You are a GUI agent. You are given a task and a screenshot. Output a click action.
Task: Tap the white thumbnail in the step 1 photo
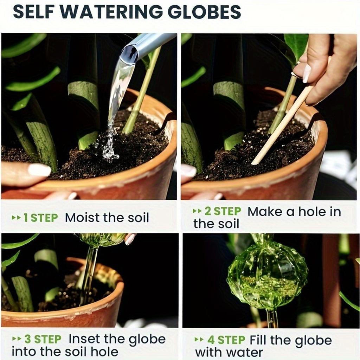[39, 170]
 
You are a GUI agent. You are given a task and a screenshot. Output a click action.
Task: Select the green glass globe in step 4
[267, 274]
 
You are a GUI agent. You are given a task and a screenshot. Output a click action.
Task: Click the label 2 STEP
[223, 212]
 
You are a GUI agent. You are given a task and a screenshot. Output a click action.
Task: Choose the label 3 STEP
[43, 339]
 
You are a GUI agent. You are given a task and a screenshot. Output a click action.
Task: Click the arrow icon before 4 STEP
[199, 340]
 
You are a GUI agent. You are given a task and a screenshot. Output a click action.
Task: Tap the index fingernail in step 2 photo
[306, 73]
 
